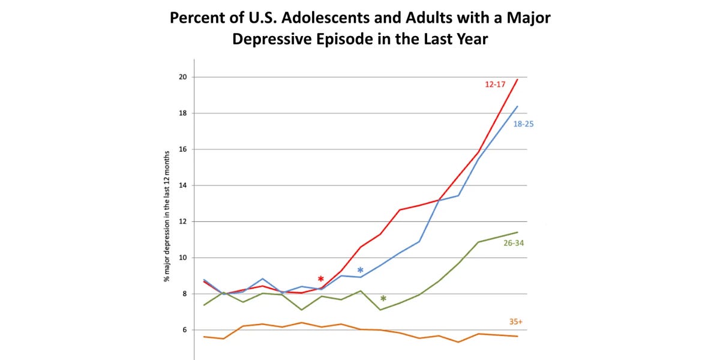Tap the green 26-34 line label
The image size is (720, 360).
pyautogui.click(x=514, y=243)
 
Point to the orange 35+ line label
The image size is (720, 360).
pyautogui.click(x=516, y=322)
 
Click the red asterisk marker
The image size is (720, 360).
pyautogui.click(x=321, y=280)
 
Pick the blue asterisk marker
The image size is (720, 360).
pyautogui.click(x=361, y=271)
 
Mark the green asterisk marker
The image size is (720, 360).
pyautogui.click(x=383, y=299)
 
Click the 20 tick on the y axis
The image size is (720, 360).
pyautogui.click(x=182, y=77)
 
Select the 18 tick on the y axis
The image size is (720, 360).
pyautogui.click(x=182, y=113)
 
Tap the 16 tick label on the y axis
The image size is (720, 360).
pyautogui.click(x=182, y=149)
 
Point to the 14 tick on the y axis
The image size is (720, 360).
pyautogui.click(x=182, y=185)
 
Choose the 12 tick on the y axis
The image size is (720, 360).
pyautogui.click(x=182, y=221)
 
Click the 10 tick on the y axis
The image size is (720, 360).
pyautogui.click(x=182, y=257)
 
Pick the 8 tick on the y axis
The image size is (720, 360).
pyautogui.click(x=184, y=294)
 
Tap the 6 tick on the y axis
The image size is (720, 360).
pyautogui.click(x=184, y=330)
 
